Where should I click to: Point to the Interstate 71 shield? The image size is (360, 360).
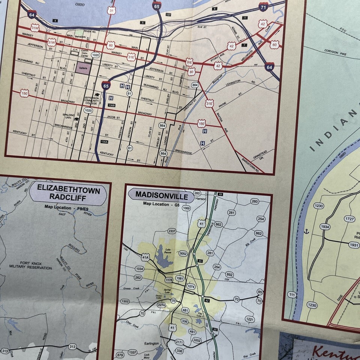[264, 7]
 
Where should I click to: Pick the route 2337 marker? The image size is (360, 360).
[172, 231]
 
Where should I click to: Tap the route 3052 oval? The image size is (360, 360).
[183, 253]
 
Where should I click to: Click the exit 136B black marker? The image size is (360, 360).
[111, 106]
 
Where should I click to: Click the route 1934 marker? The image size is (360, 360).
[325, 226]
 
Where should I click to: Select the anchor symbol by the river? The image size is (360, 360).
[306, 231]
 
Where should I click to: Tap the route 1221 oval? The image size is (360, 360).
[250, 319]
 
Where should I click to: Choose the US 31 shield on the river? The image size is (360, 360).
[111, 10]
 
